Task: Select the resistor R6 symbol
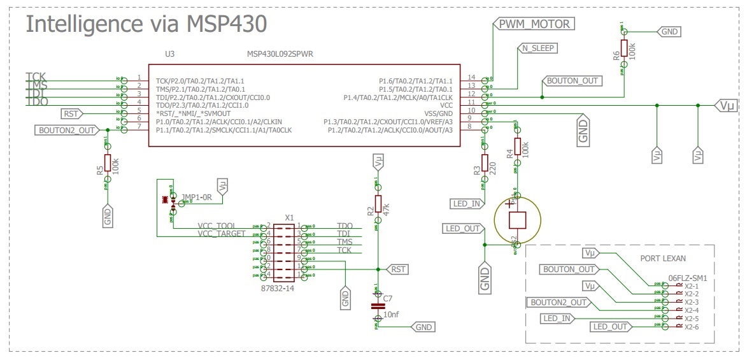click(625, 50)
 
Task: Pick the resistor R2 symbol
click(378, 203)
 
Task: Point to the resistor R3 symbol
click(485, 164)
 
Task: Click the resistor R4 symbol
click(518, 148)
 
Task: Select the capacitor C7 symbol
click(378, 306)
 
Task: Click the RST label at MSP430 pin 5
click(70, 114)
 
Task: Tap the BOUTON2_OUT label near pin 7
click(67, 131)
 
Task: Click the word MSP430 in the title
click(226, 24)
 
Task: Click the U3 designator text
click(169, 54)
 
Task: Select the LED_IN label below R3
click(466, 204)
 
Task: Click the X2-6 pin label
click(692, 328)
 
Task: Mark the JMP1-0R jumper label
click(196, 197)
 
